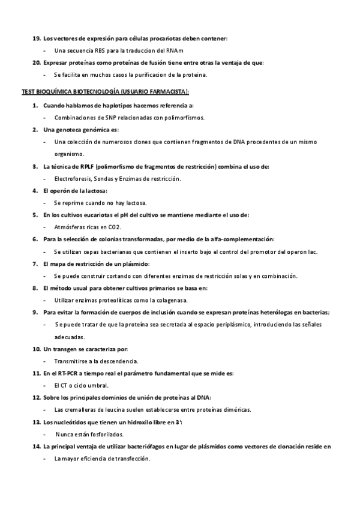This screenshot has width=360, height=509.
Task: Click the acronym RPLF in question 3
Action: click(80, 166)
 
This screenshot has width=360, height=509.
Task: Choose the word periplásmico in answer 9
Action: click(221, 325)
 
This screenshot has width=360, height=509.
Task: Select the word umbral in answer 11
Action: click(98, 385)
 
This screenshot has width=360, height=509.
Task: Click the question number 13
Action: click(37, 422)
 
